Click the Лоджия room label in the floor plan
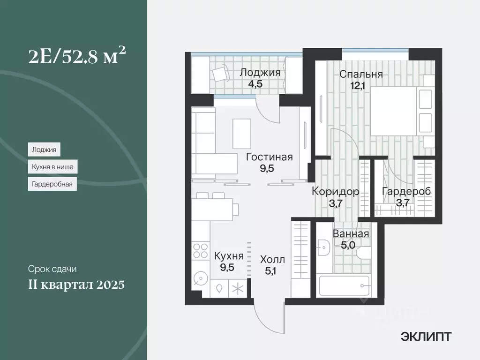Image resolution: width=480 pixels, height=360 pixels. click(260, 73)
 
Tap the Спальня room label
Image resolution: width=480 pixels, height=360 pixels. click(361, 74)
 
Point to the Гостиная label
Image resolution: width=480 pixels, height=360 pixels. click(270, 157)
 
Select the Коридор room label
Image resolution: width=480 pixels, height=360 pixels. click(336, 191)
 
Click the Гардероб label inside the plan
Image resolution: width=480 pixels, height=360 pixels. click(406, 191)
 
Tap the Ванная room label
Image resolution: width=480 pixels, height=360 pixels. click(351, 234)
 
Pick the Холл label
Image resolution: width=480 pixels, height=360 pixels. click(272, 259)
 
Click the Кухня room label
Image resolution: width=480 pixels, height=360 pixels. click(229, 256)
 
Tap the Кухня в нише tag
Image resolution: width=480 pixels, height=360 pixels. click(52, 167)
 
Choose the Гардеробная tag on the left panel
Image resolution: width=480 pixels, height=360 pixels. click(52, 184)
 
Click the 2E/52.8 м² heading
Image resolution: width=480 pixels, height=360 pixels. click(76, 58)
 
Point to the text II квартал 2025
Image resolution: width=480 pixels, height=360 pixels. click(76, 285)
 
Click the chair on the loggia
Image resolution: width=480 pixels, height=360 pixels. click(219, 74)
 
